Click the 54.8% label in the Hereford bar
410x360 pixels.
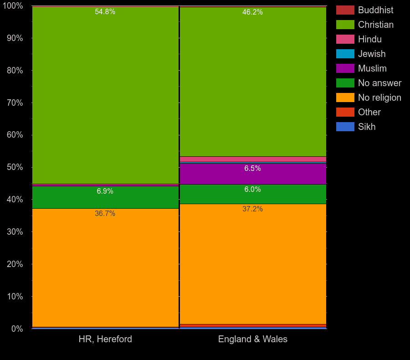105,12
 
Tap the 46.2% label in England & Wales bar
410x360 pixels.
252,12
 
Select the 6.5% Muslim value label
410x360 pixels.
252,169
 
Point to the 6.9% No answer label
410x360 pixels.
105,191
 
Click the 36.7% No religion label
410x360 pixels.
105,214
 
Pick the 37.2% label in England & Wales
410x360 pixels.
252,209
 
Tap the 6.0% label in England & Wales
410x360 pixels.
252,190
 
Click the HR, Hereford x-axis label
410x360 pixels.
105,339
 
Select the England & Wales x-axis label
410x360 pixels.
253,339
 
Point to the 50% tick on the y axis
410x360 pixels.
15,167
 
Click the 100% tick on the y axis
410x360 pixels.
13,6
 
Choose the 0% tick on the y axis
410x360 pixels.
17,329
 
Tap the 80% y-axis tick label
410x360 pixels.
15,71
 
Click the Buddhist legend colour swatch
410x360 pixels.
345,10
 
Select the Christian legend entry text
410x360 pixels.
375,25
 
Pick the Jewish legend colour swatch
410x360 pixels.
345,54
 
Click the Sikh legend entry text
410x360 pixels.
367,127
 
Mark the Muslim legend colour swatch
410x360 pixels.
345,68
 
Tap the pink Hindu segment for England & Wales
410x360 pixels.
253,159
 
